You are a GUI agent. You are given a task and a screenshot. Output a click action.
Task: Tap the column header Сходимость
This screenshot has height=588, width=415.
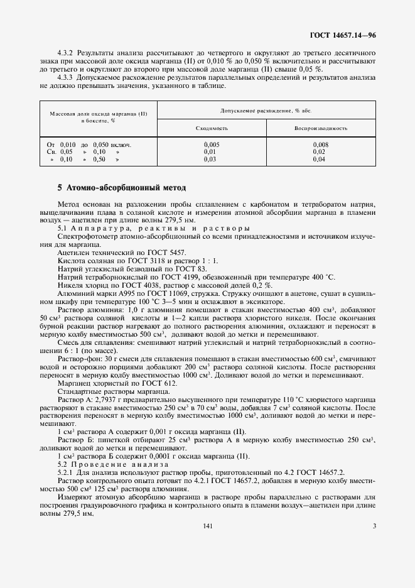tap(211, 128)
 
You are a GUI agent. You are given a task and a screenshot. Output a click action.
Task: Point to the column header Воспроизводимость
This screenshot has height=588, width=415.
tap(321, 128)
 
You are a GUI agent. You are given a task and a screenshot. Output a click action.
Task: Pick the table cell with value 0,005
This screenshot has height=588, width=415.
tap(211, 144)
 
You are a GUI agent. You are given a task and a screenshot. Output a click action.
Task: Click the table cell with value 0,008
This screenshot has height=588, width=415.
tap(321, 144)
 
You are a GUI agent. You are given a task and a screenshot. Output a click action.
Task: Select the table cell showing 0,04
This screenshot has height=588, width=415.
tap(321, 160)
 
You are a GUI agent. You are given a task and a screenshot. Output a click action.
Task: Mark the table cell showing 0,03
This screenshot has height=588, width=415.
tap(211, 160)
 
